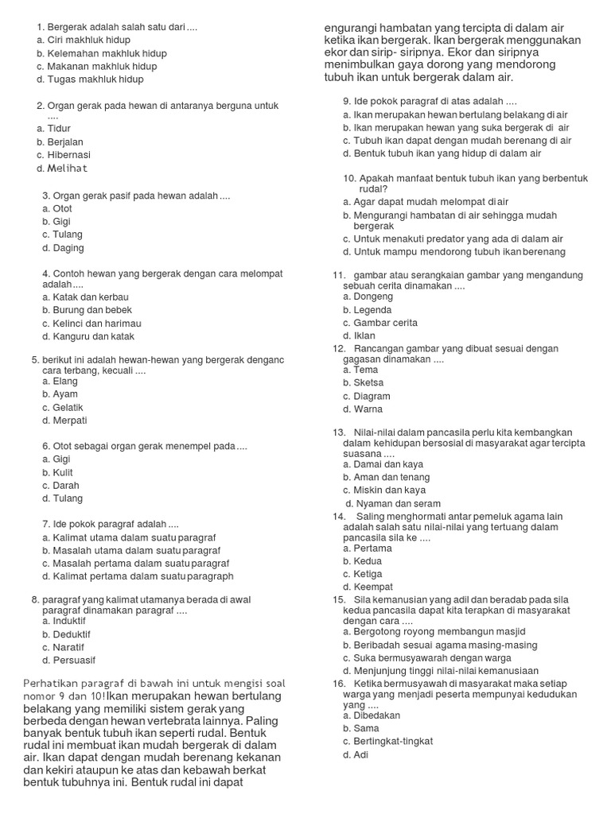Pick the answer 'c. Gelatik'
63,407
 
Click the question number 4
45,273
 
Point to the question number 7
45,525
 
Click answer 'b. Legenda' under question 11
367,310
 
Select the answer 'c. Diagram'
367,396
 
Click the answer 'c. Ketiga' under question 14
363,574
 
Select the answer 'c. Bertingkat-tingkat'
387,741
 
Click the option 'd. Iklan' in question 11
359,335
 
